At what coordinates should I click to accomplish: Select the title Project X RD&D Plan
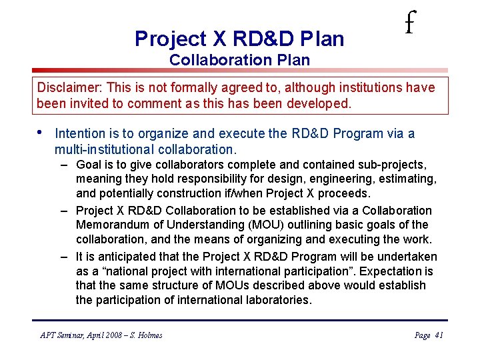[x=239, y=39]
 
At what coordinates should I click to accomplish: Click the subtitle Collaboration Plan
[x=239, y=60]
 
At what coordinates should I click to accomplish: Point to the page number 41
[x=439, y=335]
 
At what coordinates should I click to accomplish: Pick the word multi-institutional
[x=108, y=149]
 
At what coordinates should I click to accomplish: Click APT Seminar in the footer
[x=63, y=335]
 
